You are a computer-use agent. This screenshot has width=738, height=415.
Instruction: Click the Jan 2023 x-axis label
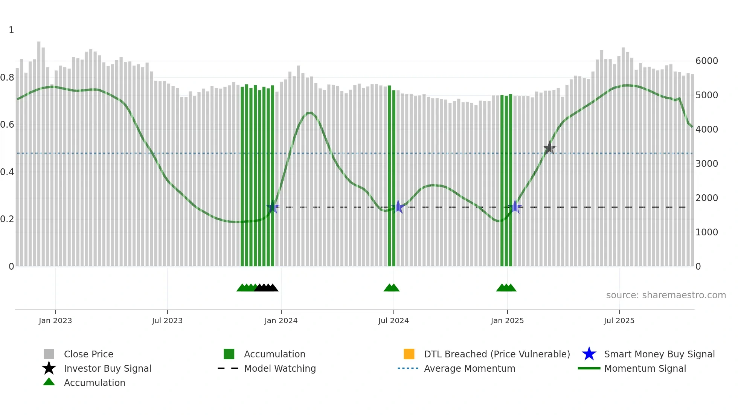(x=55, y=320)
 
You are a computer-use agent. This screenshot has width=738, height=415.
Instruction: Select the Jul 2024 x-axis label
(x=393, y=320)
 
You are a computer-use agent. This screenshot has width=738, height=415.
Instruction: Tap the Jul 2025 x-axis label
(x=619, y=320)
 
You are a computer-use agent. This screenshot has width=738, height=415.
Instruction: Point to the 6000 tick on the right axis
(x=706, y=61)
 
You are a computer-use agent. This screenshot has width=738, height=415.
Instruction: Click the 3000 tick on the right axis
(x=706, y=164)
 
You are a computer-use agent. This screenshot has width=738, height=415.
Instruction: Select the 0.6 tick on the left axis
(x=7, y=125)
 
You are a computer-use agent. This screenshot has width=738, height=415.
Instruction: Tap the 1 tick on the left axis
(x=11, y=30)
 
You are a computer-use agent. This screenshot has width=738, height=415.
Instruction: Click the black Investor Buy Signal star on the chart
(x=549, y=148)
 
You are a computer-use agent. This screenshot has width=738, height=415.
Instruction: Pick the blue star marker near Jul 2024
(x=398, y=207)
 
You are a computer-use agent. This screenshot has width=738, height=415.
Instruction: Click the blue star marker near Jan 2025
(x=515, y=207)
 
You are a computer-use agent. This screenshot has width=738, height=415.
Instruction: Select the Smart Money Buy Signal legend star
(x=589, y=354)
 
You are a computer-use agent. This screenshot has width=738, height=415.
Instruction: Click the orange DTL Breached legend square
(x=409, y=354)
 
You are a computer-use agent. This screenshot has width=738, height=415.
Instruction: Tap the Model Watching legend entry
(x=280, y=368)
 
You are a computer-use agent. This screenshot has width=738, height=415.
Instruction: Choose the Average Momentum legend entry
(x=470, y=368)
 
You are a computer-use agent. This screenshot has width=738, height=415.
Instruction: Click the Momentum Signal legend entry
(x=645, y=368)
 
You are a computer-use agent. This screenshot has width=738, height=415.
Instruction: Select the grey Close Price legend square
(x=49, y=354)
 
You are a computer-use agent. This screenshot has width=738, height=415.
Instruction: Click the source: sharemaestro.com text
(x=666, y=295)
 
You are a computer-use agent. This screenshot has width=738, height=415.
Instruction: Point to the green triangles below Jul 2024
(x=392, y=288)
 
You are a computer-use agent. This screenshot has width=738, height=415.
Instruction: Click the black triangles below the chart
(x=266, y=288)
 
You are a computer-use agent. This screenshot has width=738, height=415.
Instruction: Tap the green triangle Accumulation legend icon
(x=49, y=382)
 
